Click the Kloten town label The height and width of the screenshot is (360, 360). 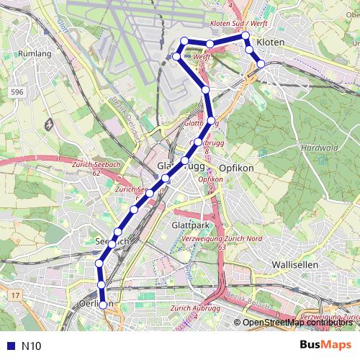pos(271,43)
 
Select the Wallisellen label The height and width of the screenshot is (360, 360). pos(295,265)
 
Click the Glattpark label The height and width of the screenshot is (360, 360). pos(190,225)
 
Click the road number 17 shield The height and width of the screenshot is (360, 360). pos(15,295)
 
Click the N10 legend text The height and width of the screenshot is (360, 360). pos(32,346)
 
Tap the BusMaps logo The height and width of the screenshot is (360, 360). pos(326,346)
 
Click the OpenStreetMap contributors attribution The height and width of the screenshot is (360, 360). pos(297,323)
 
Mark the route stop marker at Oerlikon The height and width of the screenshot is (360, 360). pos(103,305)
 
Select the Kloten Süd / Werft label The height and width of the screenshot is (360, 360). pos(238,24)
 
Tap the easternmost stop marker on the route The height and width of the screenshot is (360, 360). pos(261,64)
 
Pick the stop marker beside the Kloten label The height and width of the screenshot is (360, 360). pos(249,50)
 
